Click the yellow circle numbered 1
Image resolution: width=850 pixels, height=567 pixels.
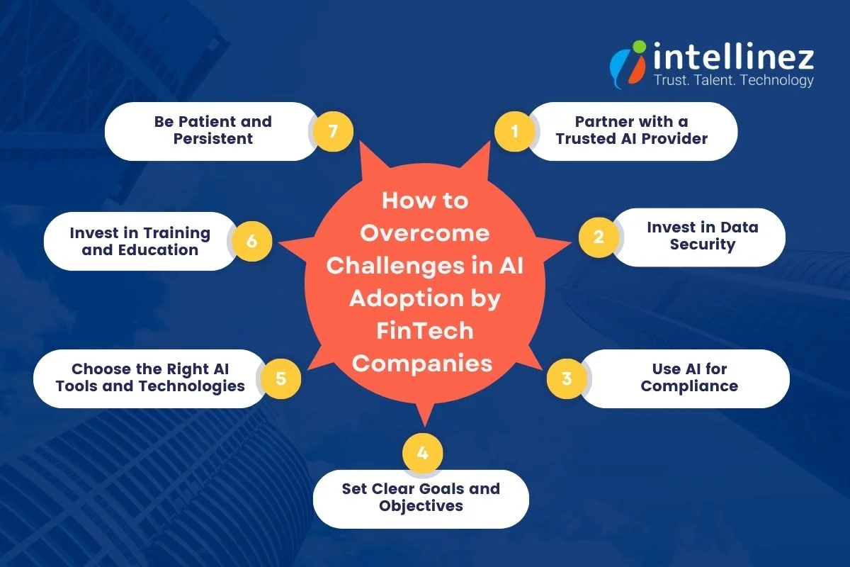pos(514,131)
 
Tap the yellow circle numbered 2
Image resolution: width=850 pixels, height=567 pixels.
pos(599,237)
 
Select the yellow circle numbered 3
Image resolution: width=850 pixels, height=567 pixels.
pos(567,378)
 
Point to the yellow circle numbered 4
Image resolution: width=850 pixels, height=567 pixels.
pos(423,451)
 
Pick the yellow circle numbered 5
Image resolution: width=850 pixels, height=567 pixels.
pos(281,378)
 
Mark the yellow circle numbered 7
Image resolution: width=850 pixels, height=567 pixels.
pos(333,131)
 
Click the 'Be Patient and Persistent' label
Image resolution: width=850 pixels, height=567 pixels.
pos(212,130)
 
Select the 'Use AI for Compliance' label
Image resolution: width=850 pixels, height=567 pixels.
pos(689,378)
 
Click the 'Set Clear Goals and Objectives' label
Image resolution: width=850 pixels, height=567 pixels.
pos(421,498)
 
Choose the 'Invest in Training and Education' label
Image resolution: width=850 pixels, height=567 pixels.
pos(140,241)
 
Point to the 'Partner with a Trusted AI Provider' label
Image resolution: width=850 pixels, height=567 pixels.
pos(631,130)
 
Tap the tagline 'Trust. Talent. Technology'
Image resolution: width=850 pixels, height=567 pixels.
pos(733,80)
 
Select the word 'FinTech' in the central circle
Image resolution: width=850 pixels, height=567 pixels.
pos(424,330)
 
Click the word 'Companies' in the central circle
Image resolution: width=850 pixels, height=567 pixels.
pos(424,364)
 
